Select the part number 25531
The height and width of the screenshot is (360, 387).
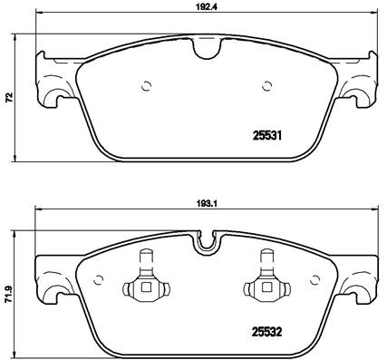tap(266, 137)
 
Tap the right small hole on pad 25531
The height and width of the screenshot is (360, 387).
tap(267, 87)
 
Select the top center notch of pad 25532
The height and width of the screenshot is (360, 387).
tap(208, 243)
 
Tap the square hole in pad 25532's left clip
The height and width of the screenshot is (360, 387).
tap(145, 289)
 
